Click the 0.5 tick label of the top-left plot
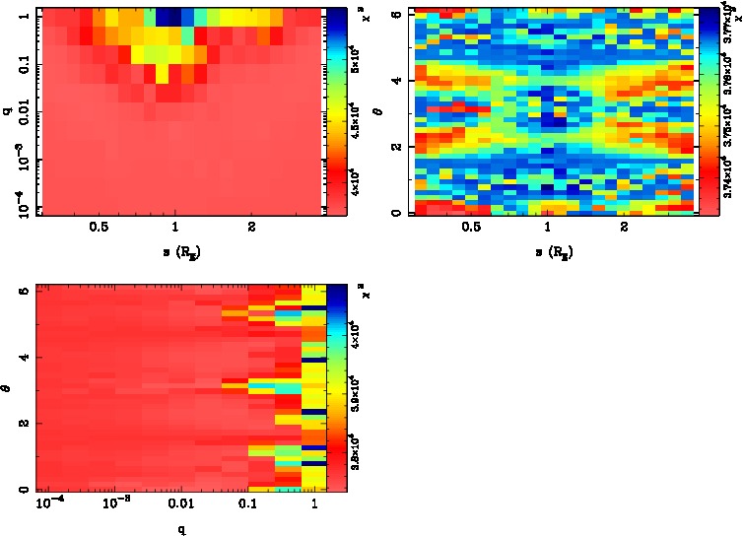coord(99,227)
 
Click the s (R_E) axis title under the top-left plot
coord(175,251)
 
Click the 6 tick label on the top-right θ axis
coord(391,13)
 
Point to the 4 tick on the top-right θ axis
coord(391,81)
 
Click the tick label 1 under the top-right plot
coord(547,227)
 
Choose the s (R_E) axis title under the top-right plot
coord(548,251)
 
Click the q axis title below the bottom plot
coord(175,527)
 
